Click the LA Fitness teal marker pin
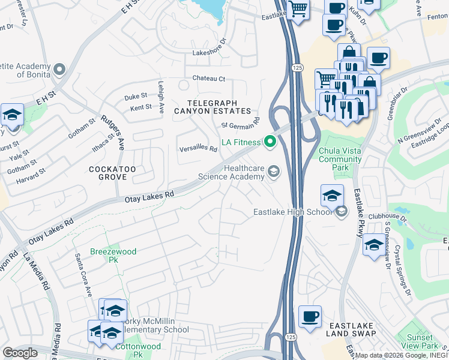pyautogui.click(x=270, y=142)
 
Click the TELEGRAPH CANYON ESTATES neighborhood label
pyautogui.click(x=212, y=107)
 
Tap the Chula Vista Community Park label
pyautogui.click(x=340, y=155)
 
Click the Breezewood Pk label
pyautogui.click(x=113, y=256)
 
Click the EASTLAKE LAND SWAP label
pyautogui.click(x=351, y=329)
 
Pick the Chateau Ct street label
pyautogui.click(x=208, y=79)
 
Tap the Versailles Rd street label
pyautogui.click(x=198, y=149)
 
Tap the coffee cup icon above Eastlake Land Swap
pyautogui.click(x=310, y=317)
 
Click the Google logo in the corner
pyautogui.click(x=20, y=353)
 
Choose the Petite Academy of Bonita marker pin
pyautogui.click(x=59, y=70)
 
